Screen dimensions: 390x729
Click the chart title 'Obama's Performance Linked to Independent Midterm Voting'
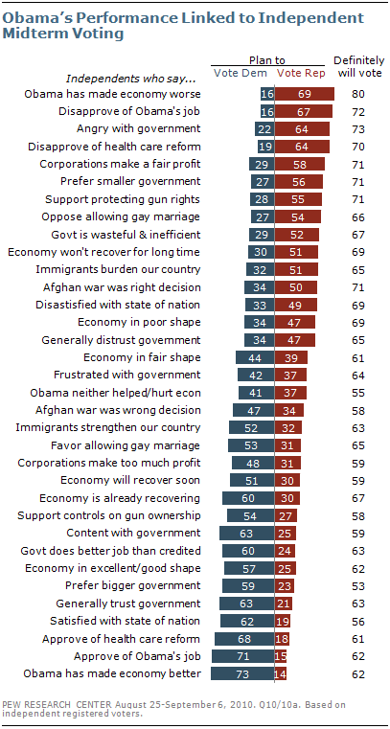click(183, 26)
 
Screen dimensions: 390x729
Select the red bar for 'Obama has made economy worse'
click(305, 94)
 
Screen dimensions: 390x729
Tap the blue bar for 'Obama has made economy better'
click(242, 673)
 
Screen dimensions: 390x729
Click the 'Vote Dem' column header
click(241, 73)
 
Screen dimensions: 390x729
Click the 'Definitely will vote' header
click(358, 66)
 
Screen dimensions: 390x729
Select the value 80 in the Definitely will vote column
click(358, 95)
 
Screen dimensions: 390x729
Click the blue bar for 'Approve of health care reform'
click(244, 638)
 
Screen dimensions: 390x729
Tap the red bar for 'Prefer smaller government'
click(298, 181)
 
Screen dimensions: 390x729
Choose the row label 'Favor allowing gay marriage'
click(126, 445)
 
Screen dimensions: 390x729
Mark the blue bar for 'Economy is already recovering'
click(248, 498)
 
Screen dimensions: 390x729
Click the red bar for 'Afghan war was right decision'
click(296, 287)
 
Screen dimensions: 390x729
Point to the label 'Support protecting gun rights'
click(124, 199)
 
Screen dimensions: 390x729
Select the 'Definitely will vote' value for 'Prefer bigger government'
click(358, 585)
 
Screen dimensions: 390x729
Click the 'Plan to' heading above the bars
click(267, 60)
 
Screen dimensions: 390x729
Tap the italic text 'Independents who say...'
click(118, 78)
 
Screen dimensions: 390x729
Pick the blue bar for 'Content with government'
click(247, 532)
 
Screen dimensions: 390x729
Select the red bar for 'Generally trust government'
click(284, 603)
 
